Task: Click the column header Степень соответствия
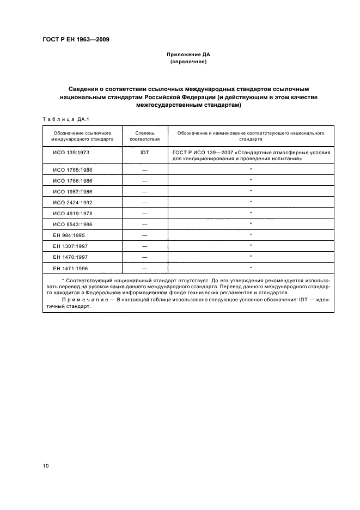click(x=144, y=136)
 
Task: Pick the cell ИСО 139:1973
click(x=71, y=153)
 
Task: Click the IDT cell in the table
click(x=144, y=153)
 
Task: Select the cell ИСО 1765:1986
click(x=72, y=170)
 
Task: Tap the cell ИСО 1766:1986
click(x=72, y=181)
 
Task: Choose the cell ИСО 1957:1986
click(x=72, y=192)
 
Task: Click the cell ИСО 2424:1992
click(x=72, y=203)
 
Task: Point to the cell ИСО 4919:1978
click(x=72, y=214)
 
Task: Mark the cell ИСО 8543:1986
click(x=72, y=224)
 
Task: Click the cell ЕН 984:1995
click(x=69, y=235)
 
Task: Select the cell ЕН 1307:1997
click(x=70, y=246)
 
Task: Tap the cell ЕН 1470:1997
click(x=70, y=257)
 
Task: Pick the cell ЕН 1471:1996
click(x=70, y=268)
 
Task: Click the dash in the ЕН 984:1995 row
click(x=144, y=235)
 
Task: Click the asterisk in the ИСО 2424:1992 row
click(x=251, y=202)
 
